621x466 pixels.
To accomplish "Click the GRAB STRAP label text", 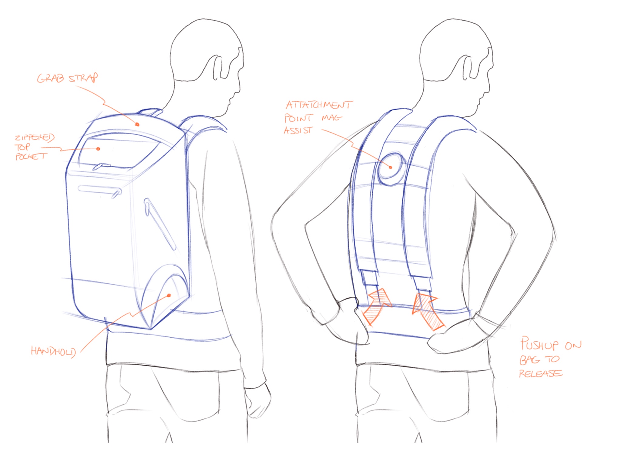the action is pos(67,78).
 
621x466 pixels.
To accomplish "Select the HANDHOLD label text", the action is pos(53,352).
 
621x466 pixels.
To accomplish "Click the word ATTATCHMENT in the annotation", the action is pos(319,105).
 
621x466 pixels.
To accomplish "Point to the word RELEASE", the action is pos(541,373).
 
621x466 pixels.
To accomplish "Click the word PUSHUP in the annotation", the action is pos(539,344).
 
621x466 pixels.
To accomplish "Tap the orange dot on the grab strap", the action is pos(137,124).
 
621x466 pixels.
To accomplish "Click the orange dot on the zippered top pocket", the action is pos(98,149).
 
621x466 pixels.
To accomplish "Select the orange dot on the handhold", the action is pos(169,295).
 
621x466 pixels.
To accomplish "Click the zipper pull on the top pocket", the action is pos(101,166).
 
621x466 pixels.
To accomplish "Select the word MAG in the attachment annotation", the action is pos(332,117).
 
